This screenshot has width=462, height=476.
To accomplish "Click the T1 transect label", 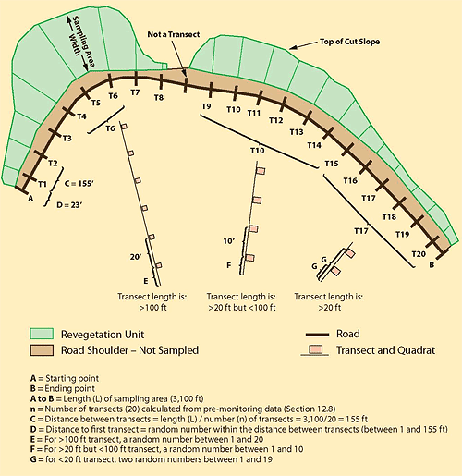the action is click(x=43, y=184).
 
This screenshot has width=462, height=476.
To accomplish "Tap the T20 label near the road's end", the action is click(x=419, y=254).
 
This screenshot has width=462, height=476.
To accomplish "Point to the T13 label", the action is click(x=297, y=132).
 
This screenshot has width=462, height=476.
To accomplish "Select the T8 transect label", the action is click(x=159, y=97).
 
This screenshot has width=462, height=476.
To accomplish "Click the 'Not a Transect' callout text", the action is click(x=174, y=34).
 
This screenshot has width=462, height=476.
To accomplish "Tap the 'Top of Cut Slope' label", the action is click(x=349, y=42).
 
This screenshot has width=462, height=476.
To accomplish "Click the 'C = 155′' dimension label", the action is click(x=79, y=183).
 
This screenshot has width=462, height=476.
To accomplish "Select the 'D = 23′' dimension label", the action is click(x=69, y=204).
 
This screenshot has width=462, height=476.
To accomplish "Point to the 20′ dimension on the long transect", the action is click(x=136, y=256).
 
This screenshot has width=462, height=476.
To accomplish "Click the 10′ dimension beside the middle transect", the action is click(x=229, y=241).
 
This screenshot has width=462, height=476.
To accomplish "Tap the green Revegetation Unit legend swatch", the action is click(x=42, y=334).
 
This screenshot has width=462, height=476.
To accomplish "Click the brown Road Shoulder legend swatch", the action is click(x=42, y=350).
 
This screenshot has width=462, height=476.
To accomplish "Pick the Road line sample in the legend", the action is click(x=317, y=335).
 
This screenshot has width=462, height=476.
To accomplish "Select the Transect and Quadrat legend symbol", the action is click(x=315, y=351).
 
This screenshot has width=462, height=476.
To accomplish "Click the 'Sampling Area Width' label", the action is click(x=80, y=43).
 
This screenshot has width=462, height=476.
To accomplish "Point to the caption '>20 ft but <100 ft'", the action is click(x=242, y=307).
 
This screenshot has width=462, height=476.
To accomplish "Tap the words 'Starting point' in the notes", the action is click(x=72, y=378).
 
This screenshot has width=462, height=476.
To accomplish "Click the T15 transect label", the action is click(x=332, y=164).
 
